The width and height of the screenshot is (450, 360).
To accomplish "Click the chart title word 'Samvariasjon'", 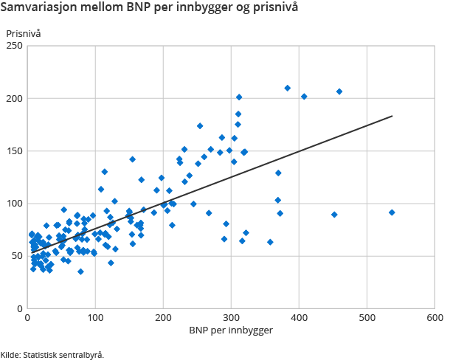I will click(40, 10).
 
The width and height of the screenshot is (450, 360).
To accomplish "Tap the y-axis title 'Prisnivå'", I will click(24, 34).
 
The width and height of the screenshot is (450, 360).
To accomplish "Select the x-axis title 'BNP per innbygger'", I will click(230, 330).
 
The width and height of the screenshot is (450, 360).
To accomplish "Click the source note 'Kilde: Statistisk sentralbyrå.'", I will click(52, 354).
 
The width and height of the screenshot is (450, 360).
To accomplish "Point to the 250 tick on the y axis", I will click(14, 46).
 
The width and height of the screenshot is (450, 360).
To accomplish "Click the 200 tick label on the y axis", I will click(14, 99).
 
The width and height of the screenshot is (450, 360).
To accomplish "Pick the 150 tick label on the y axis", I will click(14, 151).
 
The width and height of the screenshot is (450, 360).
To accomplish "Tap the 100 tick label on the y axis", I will click(14, 204).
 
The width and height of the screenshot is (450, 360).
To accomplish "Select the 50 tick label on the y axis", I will click(16, 256).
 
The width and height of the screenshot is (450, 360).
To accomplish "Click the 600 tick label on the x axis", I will click(434, 317).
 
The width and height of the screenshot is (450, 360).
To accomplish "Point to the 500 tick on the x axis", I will click(367, 317).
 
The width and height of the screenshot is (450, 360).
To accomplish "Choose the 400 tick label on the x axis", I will click(299, 317).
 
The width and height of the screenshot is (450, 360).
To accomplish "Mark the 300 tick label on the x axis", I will click(231, 317).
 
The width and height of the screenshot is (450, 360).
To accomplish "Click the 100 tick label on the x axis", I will click(95, 317).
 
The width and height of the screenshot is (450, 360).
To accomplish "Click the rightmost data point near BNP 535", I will click(392, 212).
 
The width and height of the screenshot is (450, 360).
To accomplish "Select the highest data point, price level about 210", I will click(288, 88).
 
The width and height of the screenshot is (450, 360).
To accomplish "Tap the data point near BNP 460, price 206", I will click(339, 91).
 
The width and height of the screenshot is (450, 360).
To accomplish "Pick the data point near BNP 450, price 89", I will click(334, 215).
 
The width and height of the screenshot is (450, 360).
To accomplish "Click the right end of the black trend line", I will click(392, 116).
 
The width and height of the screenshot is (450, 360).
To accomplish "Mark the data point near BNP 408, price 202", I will click(304, 97).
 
